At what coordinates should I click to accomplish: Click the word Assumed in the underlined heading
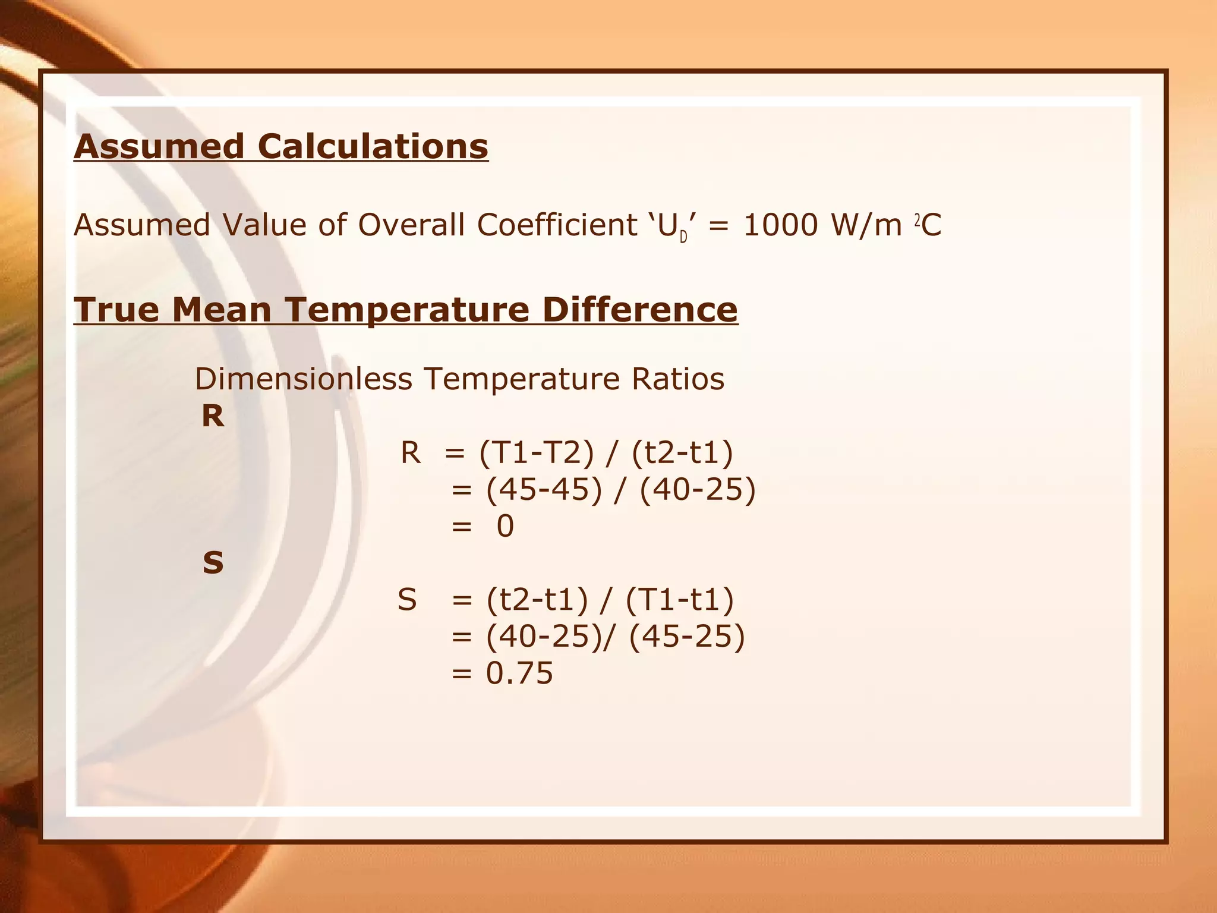[x=159, y=147]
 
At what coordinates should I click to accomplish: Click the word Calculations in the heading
[x=373, y=147]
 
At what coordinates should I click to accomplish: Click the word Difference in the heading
[x=639, y=310]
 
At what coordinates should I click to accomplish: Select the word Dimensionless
[x=303, y=379]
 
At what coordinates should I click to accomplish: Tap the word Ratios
[x=678, y=379]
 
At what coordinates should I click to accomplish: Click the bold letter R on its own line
[x=213, y=416]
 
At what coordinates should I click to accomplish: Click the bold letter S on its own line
[x=213, y=562]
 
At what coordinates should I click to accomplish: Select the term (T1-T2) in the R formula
[x=537, y=453]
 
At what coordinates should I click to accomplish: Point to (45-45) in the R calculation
[x=544, y=490]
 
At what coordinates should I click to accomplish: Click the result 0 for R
[x=505, y=527]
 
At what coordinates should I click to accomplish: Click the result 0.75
[x=519, y=673]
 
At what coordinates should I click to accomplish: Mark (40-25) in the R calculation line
[x=697, y=490]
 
